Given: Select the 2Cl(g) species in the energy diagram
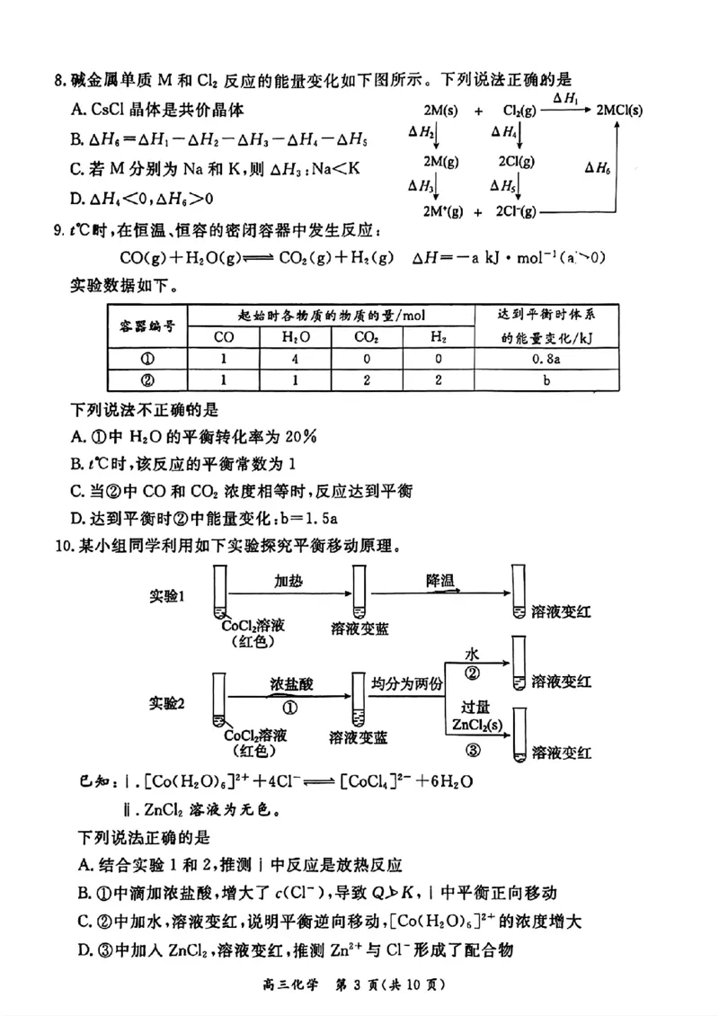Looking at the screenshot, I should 515,161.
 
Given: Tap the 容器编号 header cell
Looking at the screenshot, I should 147,325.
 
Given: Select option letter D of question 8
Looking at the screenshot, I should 76,198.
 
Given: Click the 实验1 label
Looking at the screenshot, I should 167,596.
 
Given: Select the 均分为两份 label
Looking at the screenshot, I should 408,684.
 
